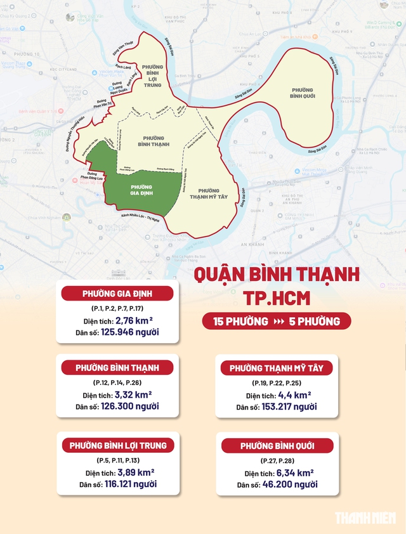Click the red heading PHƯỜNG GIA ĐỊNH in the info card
pyautogui.click(x=119, y=293)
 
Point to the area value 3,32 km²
pyautogui.click(x=135, y=394)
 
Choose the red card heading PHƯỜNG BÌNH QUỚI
pyautogui.click(x=277, y=446)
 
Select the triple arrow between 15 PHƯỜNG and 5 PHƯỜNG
pyautogui.click(x=278, y=322)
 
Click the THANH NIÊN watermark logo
pyautogui.click(x=367, y=518)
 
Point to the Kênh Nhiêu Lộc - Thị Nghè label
pyautogui.click(x=136, y=218)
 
